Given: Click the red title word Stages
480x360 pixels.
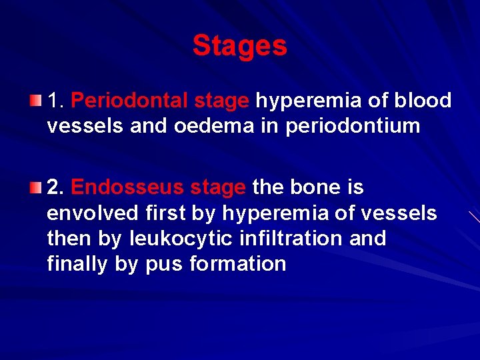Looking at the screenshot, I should tap(239, 46).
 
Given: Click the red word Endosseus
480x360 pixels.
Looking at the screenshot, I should tap(127, 188).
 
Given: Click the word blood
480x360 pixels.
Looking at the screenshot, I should tap(423, 101).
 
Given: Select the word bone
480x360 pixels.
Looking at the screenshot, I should tap(316, 188).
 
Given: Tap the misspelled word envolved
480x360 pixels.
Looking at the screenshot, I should tap(93, 213).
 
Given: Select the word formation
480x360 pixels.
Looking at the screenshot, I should tap(238, 264).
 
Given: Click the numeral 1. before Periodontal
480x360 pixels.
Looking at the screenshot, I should tap(55, 101).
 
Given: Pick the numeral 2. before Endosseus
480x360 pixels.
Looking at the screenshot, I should tap(55, 188).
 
